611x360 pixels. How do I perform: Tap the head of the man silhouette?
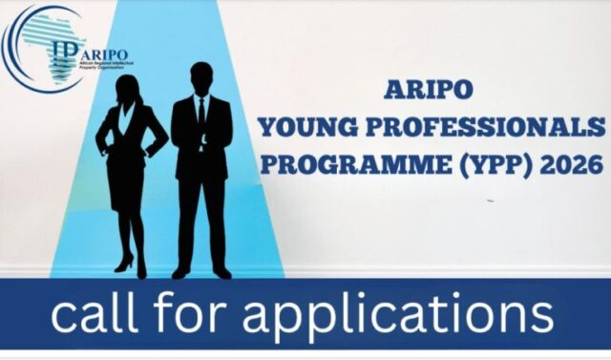[x=201, y=77]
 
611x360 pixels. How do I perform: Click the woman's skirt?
[x=128, y=187]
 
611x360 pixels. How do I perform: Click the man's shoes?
[x=202, y=272]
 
